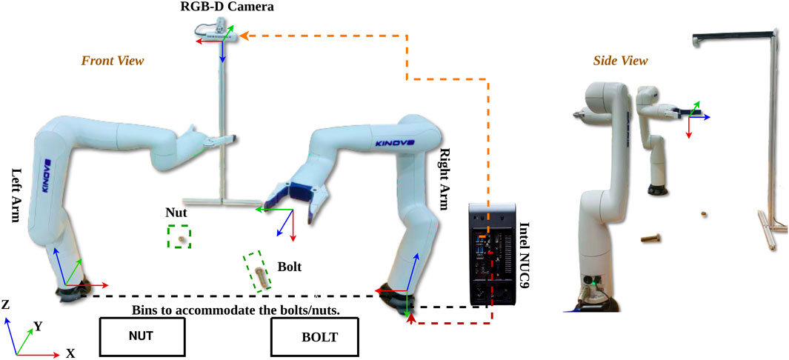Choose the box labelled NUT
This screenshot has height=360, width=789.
[x=141, y=336]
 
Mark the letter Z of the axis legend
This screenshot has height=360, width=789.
[x=5, y=304]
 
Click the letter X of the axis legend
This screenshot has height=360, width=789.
[x=70, y=353]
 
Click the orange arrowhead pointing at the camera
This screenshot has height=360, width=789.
[x=242, y=34]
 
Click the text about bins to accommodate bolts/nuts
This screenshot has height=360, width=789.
[x=235, y=310]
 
